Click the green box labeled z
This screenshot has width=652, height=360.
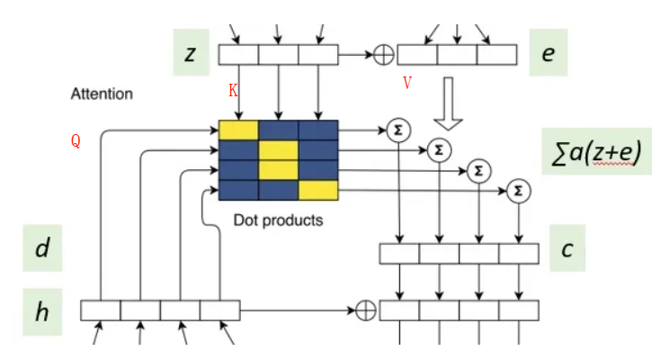[191, 54]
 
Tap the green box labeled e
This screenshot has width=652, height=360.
[548, 54]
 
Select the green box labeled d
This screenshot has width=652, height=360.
[42, 248]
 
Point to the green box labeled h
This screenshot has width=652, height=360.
[42, 311]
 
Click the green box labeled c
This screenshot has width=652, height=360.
[567, 248]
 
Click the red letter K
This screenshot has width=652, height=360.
[232, 91]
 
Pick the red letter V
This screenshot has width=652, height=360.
[406, 84]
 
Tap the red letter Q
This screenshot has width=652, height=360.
[76, 140]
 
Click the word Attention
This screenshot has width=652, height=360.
[102, 94]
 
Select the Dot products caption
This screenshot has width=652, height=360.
[278, 219]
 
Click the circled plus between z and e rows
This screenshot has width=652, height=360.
[383, 55]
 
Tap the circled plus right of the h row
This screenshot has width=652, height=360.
[365, 310]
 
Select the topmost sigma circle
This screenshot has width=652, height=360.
[397, 130]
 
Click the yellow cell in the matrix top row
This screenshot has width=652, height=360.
[238, 130]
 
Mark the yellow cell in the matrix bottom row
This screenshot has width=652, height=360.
[317, 190]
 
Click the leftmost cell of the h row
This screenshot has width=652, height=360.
[101, 310]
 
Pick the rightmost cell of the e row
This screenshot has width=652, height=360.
[496, 55]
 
